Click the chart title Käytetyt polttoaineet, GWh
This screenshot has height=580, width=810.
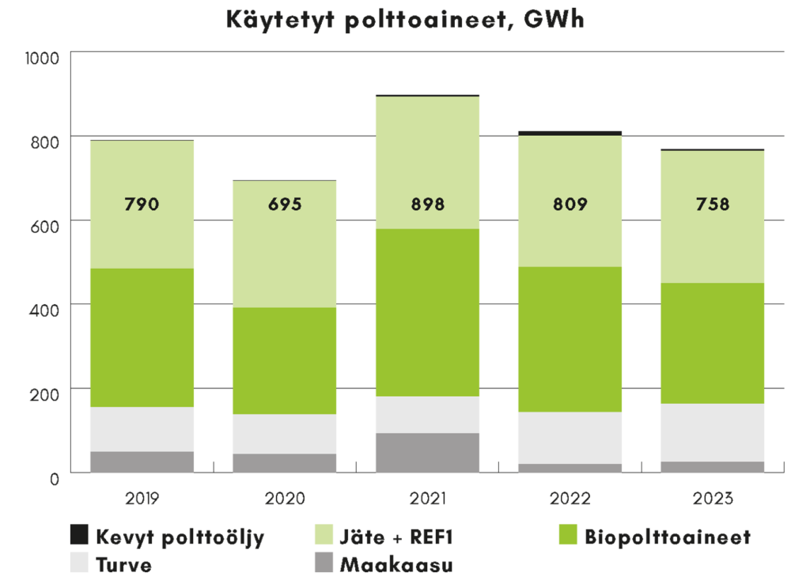(405, 19)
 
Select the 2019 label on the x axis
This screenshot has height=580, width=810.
(142, 499)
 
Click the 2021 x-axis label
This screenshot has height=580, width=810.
(428, 499)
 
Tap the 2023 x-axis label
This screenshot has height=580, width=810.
(712, 499)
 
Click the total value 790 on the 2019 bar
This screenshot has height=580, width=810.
(142, 205)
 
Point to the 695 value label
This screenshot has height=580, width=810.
(285, 205)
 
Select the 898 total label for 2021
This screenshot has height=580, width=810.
(428, 205)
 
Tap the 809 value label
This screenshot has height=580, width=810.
(570, 205)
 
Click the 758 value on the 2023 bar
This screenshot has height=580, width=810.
(712, 205)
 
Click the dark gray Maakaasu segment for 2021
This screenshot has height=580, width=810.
(428, 453)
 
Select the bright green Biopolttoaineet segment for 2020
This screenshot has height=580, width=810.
(285, 360)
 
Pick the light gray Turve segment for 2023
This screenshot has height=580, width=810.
(712, 432)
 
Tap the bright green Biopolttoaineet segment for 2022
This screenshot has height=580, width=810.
(570, 339)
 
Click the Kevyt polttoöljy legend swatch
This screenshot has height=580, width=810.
(80, 537)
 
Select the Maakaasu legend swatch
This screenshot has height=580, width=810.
(325, 564)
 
